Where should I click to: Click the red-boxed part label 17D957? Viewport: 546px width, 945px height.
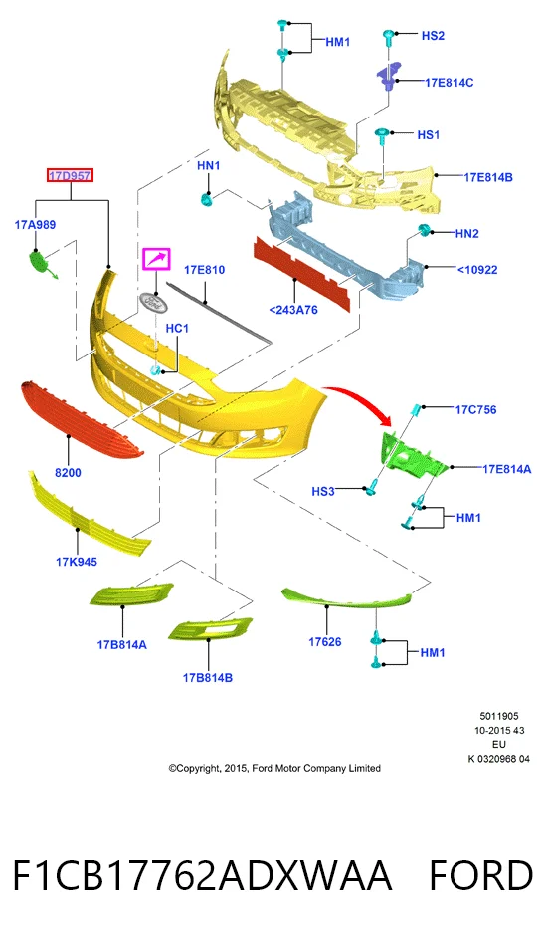(71, 176)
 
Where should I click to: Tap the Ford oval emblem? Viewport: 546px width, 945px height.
(152, 303)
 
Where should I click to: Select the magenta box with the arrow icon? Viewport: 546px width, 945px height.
(156, 259)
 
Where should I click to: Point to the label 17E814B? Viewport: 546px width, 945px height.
(487, 177)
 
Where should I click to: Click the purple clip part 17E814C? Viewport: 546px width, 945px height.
(388, 76)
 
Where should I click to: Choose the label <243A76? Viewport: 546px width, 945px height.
(293, 310)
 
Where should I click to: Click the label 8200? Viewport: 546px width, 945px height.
(68, 473)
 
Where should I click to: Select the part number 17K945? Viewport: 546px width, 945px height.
(77, 562)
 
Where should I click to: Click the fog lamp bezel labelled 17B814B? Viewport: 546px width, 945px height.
(210, 629)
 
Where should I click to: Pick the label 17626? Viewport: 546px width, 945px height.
(325, 642)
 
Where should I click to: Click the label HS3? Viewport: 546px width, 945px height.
(323, 492)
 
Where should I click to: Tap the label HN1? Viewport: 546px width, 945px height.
(209, 165)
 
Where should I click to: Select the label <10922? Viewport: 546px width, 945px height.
(477, 270)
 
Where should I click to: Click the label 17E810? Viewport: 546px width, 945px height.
(205, 270)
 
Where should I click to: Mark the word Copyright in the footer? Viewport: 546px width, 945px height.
(198, 769)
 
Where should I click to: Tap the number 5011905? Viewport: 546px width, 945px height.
(499, 717)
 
